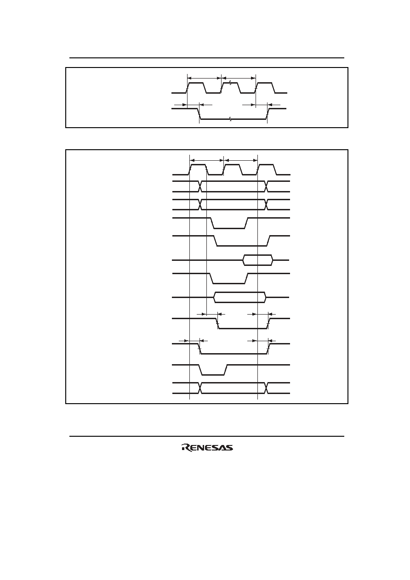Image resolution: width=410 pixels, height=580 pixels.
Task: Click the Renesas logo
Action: (x=207, y=448)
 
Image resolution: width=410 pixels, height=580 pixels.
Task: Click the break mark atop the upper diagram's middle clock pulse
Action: (x=230, y=83)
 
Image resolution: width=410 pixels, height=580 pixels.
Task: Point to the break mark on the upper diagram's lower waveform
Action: (x=230, y=119)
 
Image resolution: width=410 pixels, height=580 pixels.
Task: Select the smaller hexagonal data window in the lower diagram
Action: (x=258, y=260)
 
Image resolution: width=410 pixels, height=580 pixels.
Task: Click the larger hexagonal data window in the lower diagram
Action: (x=240, y=297)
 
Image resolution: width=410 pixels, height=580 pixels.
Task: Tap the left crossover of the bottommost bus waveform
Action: (x=200, y=388)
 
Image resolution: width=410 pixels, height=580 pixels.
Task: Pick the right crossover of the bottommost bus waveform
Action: (x=266, y=388)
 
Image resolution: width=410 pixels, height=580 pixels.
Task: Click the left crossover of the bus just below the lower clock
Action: (x=200, y=186)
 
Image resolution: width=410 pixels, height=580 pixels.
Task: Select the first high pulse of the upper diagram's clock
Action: (x=196, y=88)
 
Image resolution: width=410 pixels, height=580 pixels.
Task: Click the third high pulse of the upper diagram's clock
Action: (x=265, y=88)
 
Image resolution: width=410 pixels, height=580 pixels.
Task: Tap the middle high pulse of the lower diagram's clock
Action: (x=233, y=169)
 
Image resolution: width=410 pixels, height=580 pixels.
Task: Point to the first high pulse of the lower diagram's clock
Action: (x=199, y=169)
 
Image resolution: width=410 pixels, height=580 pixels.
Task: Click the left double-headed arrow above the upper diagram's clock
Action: (x=204, y=78)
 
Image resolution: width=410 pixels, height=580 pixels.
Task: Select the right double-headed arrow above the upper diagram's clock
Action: (x=239, y=78)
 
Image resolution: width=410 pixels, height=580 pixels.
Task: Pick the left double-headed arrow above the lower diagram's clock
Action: (x=206, y=160)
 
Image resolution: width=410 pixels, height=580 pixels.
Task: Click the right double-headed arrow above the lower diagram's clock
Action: (x=240, y=160)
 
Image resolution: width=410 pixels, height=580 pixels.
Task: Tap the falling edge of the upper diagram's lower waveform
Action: (x=199, y=114)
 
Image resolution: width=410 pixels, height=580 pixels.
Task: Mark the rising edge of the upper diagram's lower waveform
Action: (x=268, y=114)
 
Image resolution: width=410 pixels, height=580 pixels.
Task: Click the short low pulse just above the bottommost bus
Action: (x=213, y=370)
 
